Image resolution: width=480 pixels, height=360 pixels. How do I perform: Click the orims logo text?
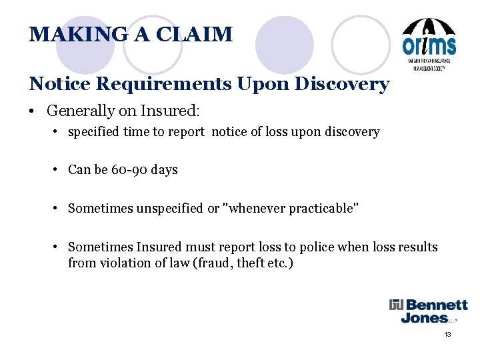point(429,45)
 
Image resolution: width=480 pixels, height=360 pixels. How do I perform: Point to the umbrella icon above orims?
point(429,25)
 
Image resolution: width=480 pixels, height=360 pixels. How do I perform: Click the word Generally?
point(77,109)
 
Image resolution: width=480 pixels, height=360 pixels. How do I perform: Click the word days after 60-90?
point(165,170)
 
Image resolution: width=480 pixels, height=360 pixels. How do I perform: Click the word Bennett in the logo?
point(436,305)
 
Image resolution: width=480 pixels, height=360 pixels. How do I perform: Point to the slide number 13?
point(448,334)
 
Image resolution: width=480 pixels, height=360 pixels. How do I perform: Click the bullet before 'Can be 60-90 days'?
point(58,170)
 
